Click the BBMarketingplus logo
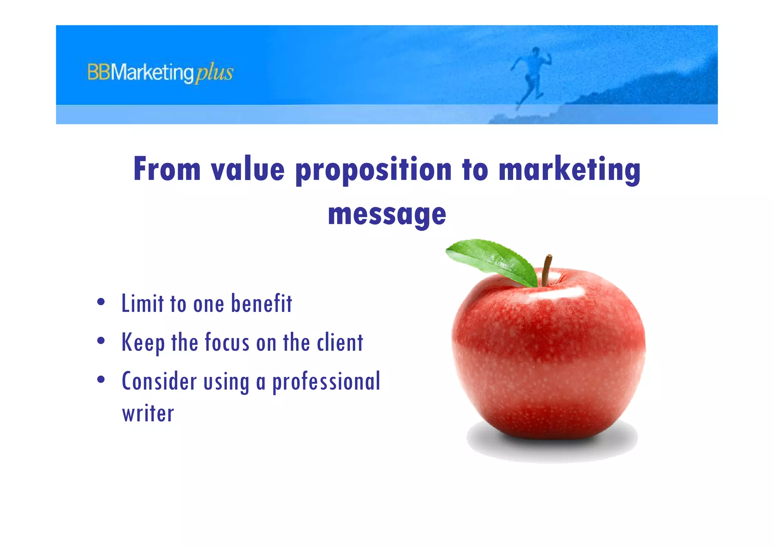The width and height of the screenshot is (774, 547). pyautogui.click(x=160, y=73)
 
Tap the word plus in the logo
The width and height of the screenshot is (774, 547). pyautogui.click(x=214, y=73)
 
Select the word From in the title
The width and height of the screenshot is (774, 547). pyautogui.click(x=167, y=169)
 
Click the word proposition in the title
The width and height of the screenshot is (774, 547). pyautogui.click(x=373, y=170)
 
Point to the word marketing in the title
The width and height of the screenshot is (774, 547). pyautogui.click(x=569, y=170)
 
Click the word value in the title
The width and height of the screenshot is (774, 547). pyautogui.click(x=248, y=169)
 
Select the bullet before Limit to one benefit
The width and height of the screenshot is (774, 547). pyautogui.click(x=101, y=302)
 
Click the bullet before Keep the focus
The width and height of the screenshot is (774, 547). pyautogui.click(x=101, y=341)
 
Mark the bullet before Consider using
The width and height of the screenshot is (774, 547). pyautogui.click(x=101, y=379)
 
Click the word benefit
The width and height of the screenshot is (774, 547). pyautogui.click(x=262, y=304)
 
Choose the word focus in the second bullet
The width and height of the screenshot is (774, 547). pyautogui.click(x=227, y=342)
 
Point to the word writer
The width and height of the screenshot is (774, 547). pyautogui.click(x=148, y=414)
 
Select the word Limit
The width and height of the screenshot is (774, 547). pyautogui.click(x=142, y=304)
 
